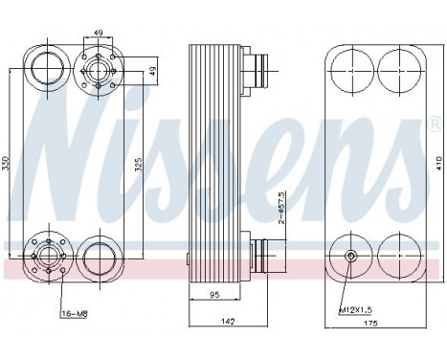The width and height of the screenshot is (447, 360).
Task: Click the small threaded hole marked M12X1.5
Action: [350, 256]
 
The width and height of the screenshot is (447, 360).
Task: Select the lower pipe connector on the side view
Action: [258, 256]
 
